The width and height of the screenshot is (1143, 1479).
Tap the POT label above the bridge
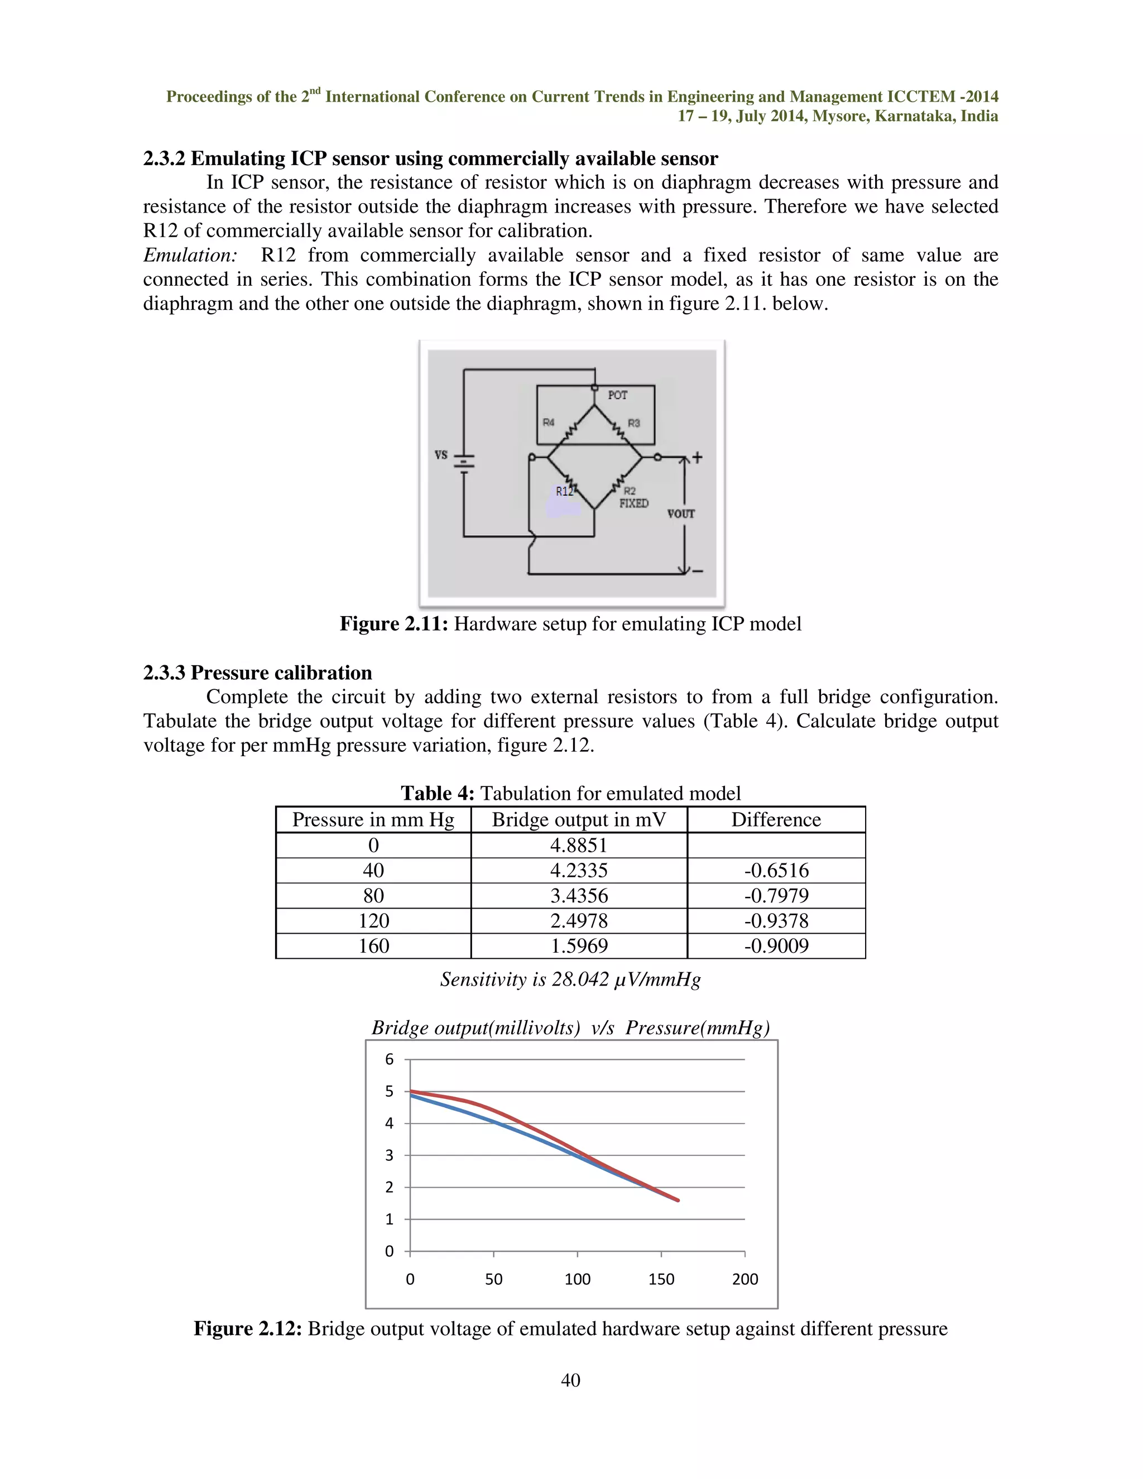coord(617,395)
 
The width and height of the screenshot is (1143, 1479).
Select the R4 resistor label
coord(549,422)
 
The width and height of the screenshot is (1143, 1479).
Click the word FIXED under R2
coord(634,503)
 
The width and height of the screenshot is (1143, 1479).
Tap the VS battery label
coord(441,455)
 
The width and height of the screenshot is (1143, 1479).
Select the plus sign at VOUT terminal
coord(698,458)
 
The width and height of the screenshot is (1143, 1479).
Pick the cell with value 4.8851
coord(578,845)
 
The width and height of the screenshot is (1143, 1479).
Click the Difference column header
coord(776,820)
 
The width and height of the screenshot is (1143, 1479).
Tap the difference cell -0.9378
coord(776,921)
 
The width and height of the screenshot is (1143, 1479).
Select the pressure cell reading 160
coord(373,946)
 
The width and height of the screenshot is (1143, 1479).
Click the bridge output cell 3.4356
coord(578,896)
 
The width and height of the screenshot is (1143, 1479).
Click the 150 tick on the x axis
coord(661,1279)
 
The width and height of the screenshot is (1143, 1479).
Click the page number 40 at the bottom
coord(571,1380)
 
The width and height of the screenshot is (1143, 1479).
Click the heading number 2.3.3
coord(165,673)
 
